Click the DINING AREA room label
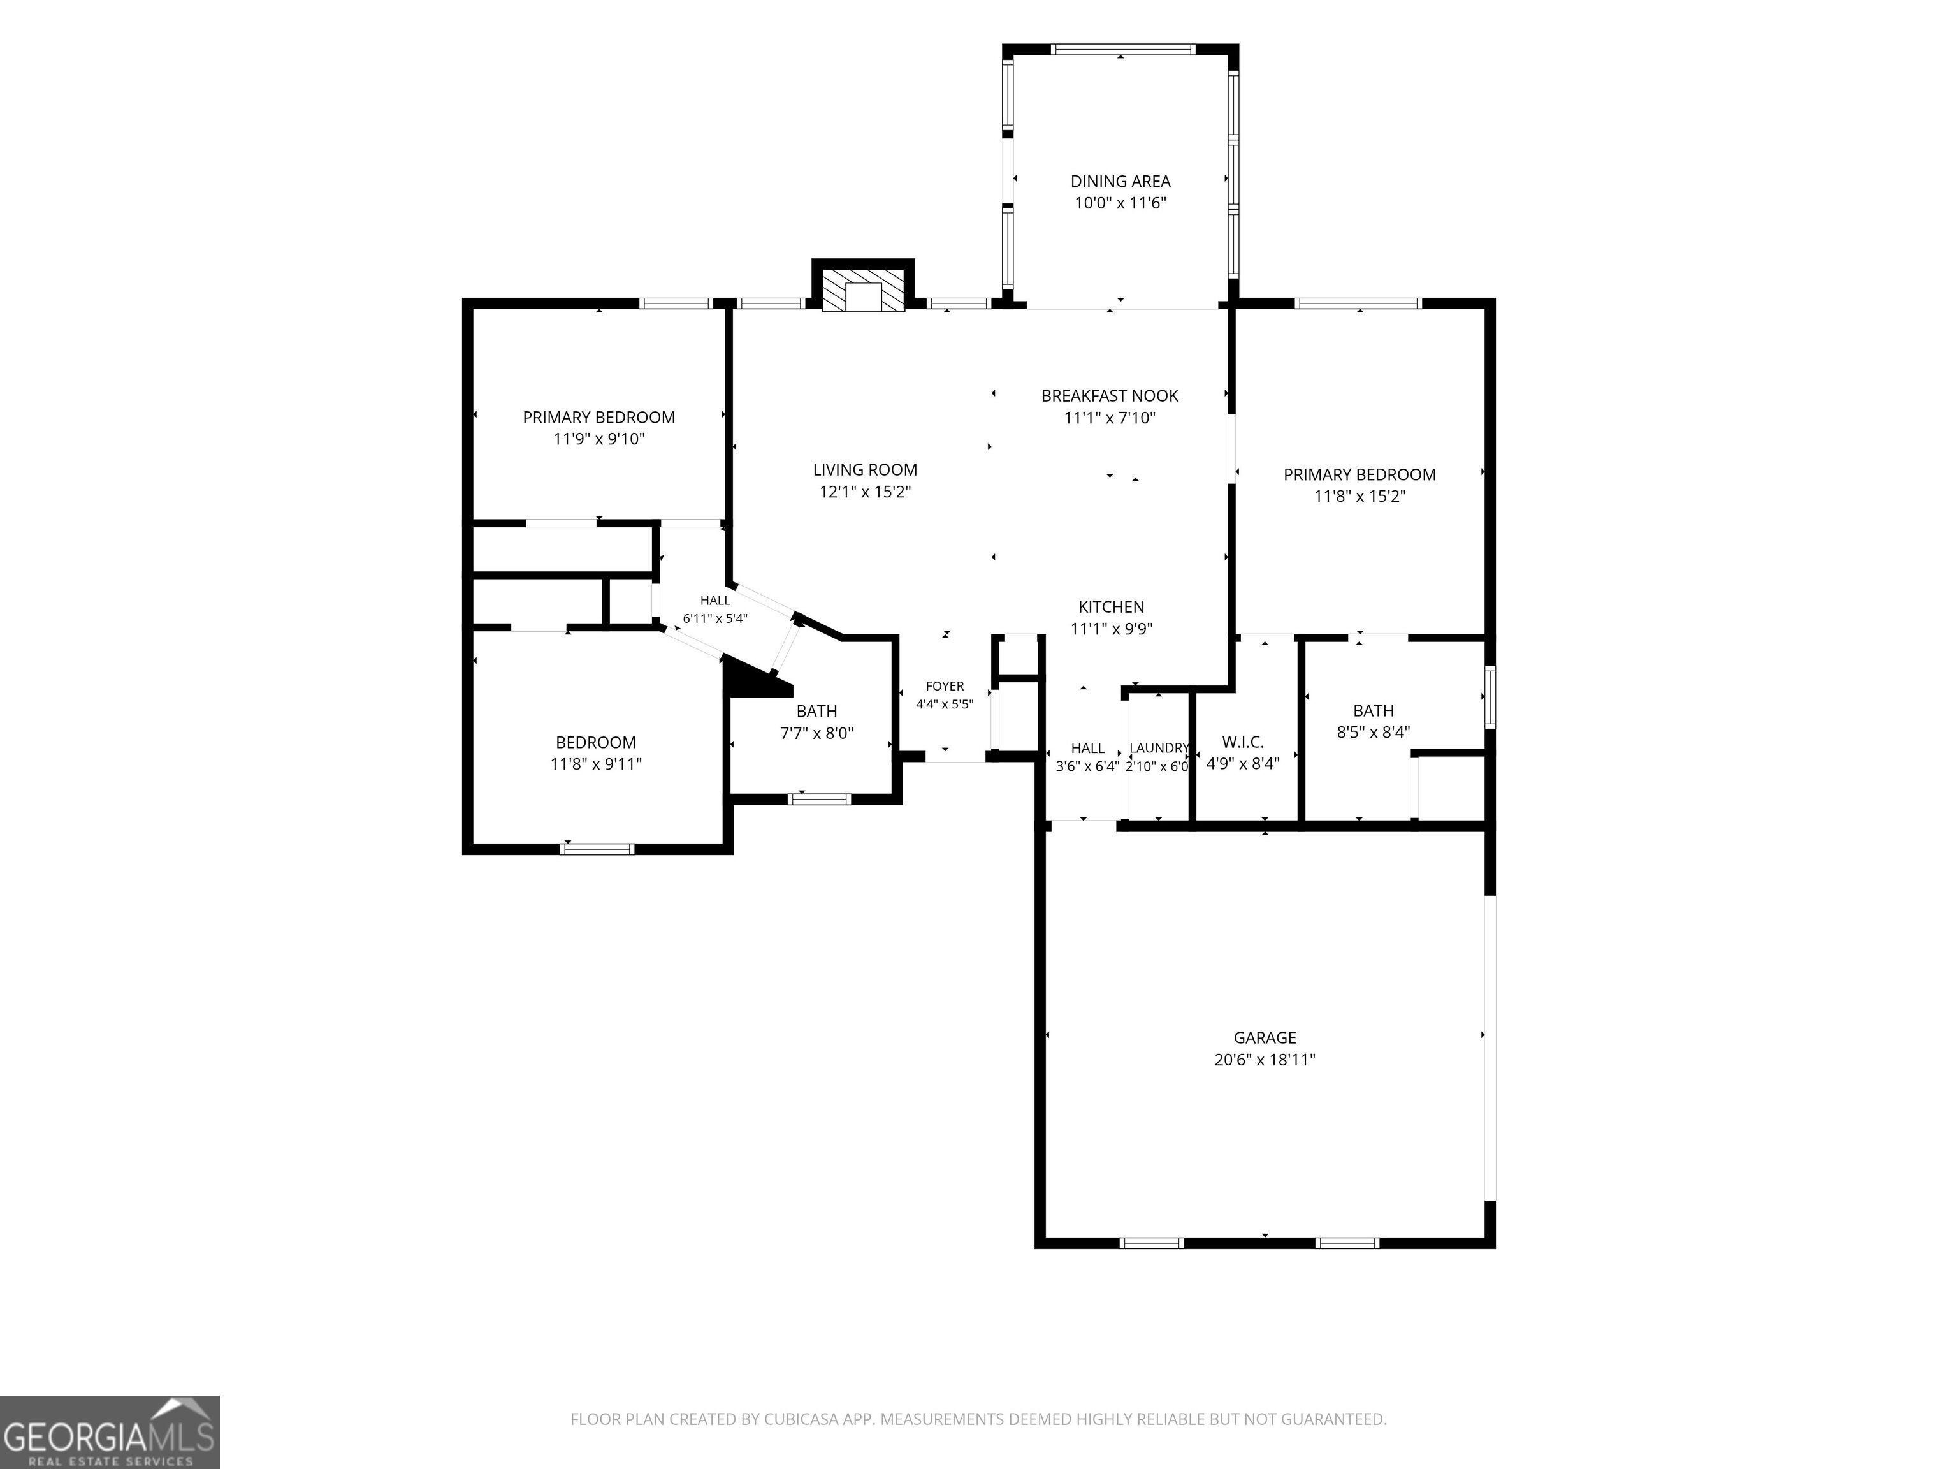1120,182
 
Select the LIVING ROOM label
865,470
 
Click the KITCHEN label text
1111,606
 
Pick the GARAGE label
1265,1038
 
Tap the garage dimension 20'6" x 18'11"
1265,1060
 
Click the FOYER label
945,686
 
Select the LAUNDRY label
1159,749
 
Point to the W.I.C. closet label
1243,742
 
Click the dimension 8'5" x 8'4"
1373,733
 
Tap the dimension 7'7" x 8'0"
816,733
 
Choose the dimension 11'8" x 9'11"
596,764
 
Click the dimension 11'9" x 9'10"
599,439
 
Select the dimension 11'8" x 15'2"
1360,497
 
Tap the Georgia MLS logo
110,1432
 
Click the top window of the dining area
1120,50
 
